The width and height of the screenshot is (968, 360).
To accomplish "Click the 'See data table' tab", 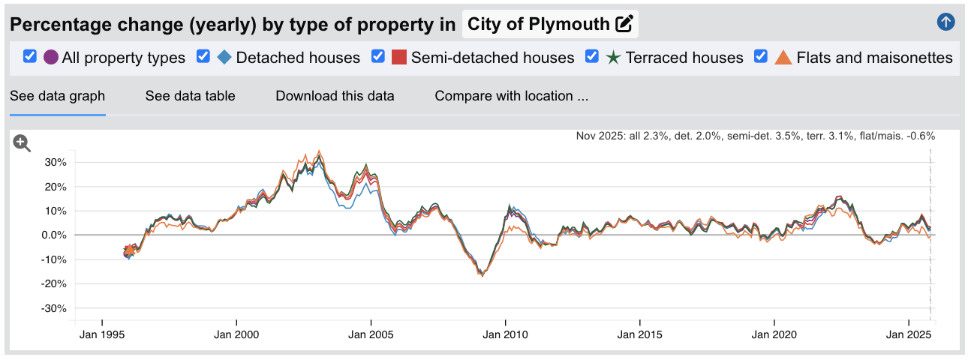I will [x=190, y=96].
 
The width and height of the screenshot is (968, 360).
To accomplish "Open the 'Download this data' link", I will [x=335, y=96].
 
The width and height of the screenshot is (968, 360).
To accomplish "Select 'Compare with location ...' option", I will [x=511, y=96].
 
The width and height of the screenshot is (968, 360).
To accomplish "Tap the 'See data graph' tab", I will [x=57, y=96].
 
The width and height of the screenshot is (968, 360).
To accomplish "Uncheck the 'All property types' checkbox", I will [x=30, y=56].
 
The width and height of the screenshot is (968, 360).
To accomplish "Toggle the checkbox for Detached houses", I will [x=203, y=56].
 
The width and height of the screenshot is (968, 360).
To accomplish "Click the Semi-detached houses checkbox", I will [x=378, y=56].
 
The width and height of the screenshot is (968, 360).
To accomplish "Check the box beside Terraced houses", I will [x=591, y=56].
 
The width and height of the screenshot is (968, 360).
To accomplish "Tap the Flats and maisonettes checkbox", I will [x=761, y=56].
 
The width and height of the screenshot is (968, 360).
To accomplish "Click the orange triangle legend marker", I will [x=783, y=57].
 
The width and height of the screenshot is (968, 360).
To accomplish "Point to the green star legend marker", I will [x=614, y=57].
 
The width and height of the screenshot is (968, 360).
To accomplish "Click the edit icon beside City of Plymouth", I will [x=624, y=24].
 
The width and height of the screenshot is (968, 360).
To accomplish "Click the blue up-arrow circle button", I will [x=945, y=22].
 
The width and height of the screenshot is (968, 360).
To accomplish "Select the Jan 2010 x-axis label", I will [x=505, y=333].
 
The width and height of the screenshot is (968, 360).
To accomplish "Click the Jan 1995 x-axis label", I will [x=102, y=333].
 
